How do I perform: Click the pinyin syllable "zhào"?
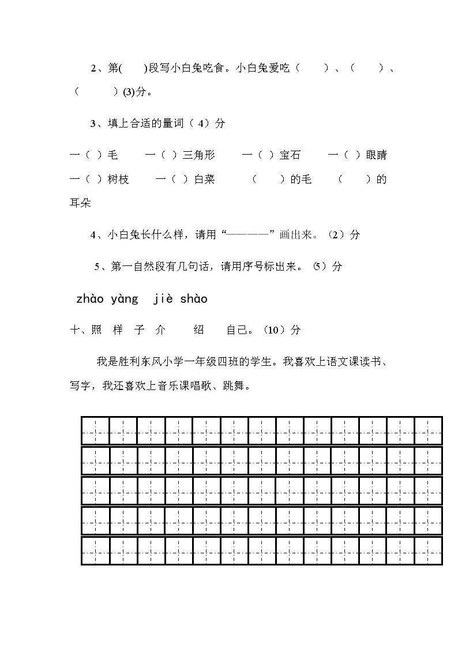(x=89, y=299)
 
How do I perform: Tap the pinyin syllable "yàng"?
(x=125, y=299)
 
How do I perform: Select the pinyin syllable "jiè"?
(x=163, y=299)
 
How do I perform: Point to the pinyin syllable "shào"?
(x=194, y=299)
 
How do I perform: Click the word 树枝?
(x=118, y=179)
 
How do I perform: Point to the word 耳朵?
(x=80, y=204)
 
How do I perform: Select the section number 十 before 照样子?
(x=74, y=330)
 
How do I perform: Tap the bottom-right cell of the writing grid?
(x=428, y=550)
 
